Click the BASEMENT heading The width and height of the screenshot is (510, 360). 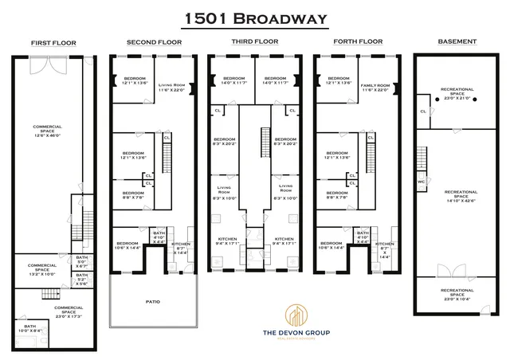tap(457, 41)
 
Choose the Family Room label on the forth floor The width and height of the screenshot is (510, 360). tap(375, 88)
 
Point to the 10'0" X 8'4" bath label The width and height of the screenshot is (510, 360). tap(29, 328)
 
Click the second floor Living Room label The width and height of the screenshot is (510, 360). tap(171, 88)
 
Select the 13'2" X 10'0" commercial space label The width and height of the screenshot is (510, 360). tap(42, 268)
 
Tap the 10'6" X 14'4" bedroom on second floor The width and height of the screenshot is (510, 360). tap(127, 245)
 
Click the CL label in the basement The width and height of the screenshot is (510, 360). tap(422, 111)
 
